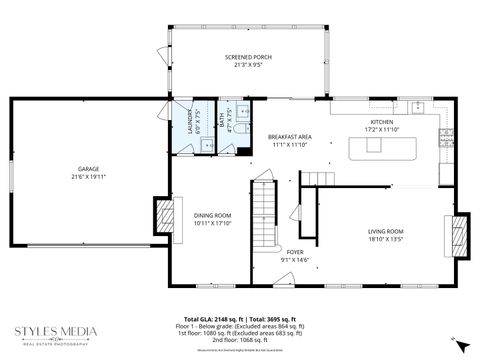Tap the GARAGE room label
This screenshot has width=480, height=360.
pyautogui.click(x=89, y=169)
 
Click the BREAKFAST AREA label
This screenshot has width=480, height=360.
pyautogui.click(x=290, y=136)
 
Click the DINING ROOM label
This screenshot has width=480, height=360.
pyautogui.click(x=212, y=215)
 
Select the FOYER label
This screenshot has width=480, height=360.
pyautogui.click(x=295, y=252)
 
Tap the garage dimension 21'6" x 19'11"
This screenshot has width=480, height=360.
pyautogui.click(x=89, y=177)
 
